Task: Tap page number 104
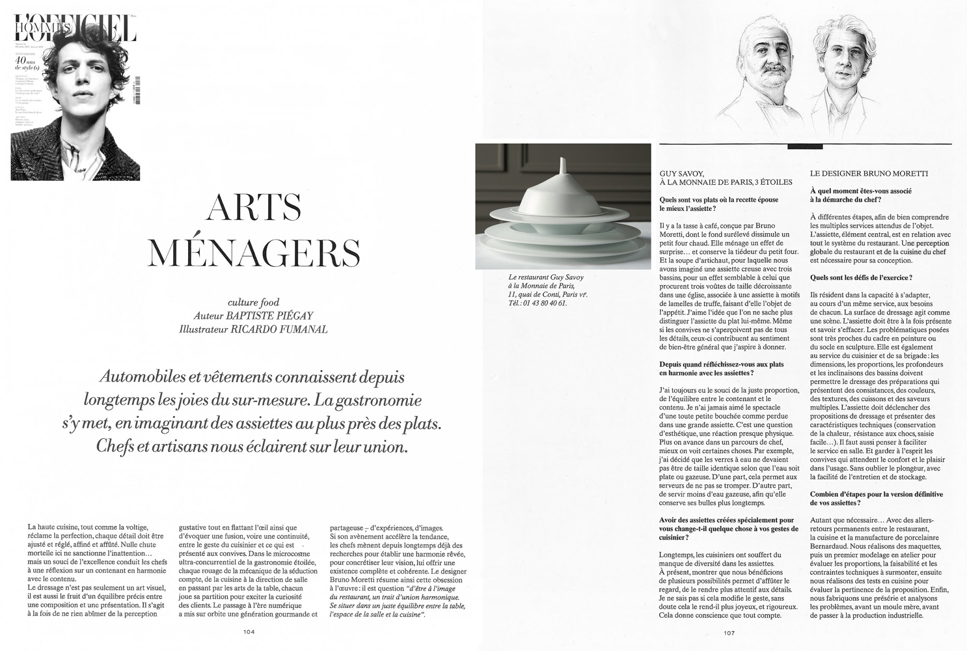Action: point(249,632)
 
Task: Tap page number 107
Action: point(729,633)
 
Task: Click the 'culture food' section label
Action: point(253,302)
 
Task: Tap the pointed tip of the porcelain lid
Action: point(562,160)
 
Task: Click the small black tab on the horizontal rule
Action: point(798,147)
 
